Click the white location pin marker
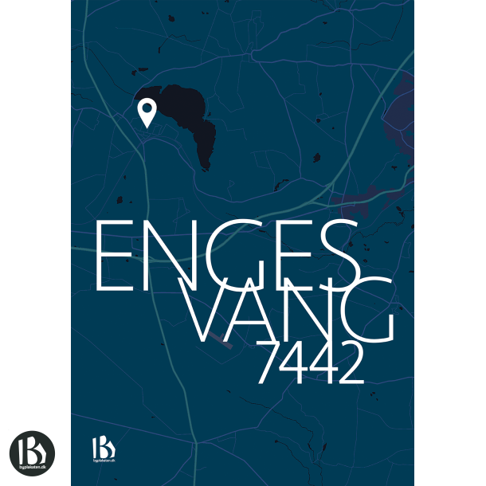[147, 113]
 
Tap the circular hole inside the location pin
[147, 109]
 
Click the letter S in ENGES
[335, 256]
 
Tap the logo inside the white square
[32, 453]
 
